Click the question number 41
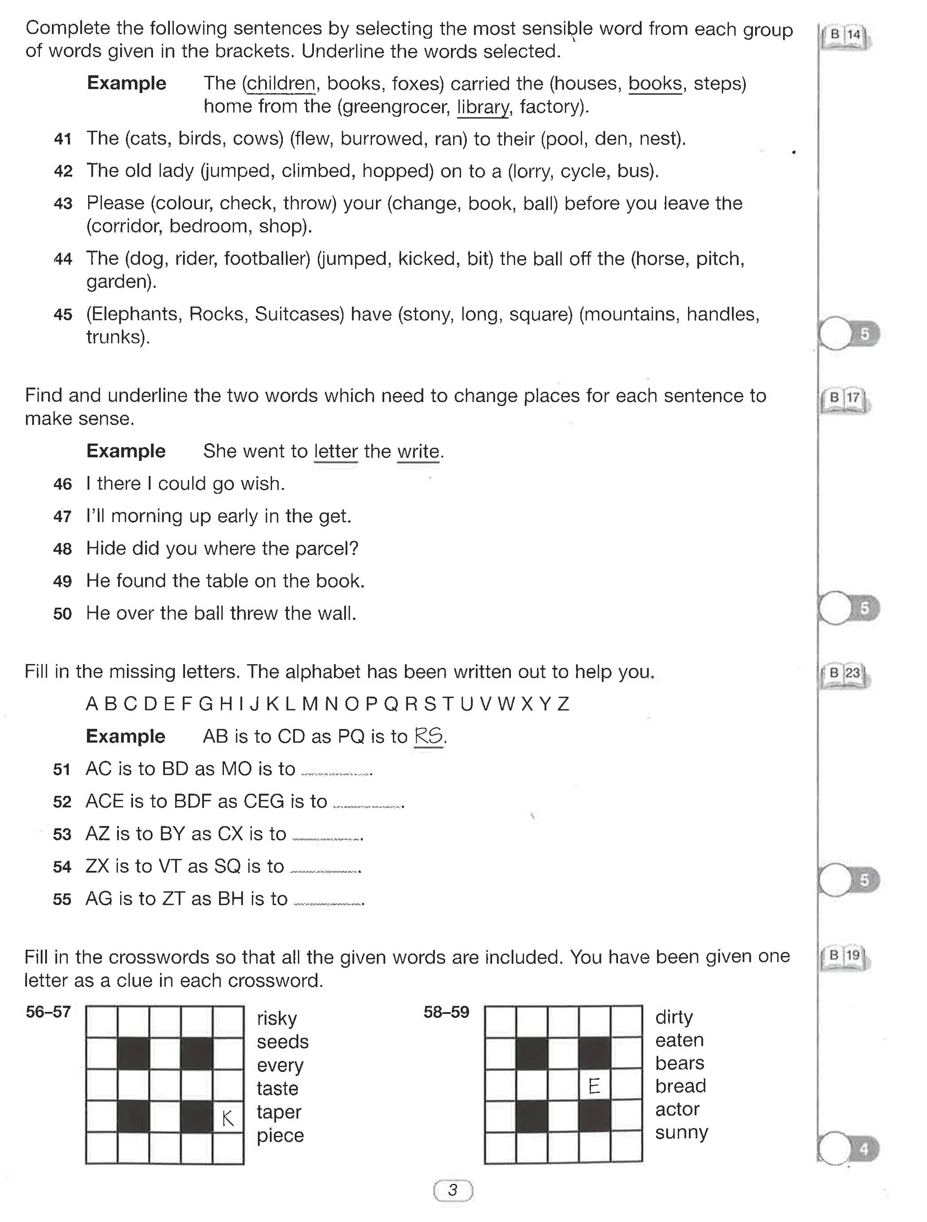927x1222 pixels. click(x=63, y=139)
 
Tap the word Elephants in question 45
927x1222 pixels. click(x=134, y=314)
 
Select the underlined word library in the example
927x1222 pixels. click(x=482, y=106)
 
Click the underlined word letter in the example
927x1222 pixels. click(x=336, y=451)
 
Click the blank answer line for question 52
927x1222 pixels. click(x=368, y=806)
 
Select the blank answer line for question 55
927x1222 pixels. click(x=329, y=903)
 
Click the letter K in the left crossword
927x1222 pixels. click(x=228, y=1119)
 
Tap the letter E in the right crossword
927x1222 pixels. click(x=594, y=1087)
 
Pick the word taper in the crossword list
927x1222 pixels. click(x=279, y=1112)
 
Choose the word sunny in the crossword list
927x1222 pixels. click(x=681, y=1132)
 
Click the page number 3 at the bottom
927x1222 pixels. click(x=453, y=1190)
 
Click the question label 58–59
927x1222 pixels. click(x=446, y=1012)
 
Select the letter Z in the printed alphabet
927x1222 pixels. click(x=563, y=704)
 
